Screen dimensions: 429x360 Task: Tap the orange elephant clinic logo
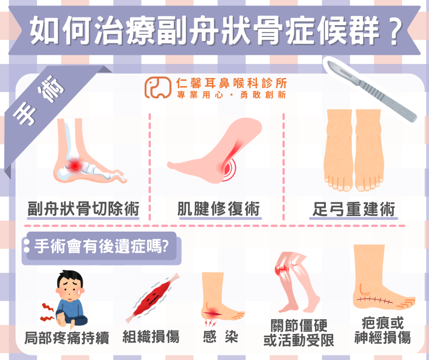point(158,87)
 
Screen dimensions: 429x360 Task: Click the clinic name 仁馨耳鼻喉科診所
point(231,83)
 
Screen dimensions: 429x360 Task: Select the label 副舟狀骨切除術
point(84,209)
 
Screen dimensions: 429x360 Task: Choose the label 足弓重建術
point(354,209)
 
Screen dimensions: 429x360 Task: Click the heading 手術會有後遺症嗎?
point(101,246)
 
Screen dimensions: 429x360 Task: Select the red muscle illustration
point(153,297)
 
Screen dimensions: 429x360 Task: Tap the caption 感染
point(220,337)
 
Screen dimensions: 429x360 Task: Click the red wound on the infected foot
point(213,313)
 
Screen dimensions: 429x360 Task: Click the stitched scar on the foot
point(375,300)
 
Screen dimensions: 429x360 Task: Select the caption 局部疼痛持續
point(67,338)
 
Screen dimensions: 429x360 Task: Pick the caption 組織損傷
point(151,337)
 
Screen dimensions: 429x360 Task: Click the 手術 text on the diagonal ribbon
point(39,100)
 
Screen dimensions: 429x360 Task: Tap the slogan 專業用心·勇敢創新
point(231,95)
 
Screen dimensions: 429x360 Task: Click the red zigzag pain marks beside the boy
point(47,312)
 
